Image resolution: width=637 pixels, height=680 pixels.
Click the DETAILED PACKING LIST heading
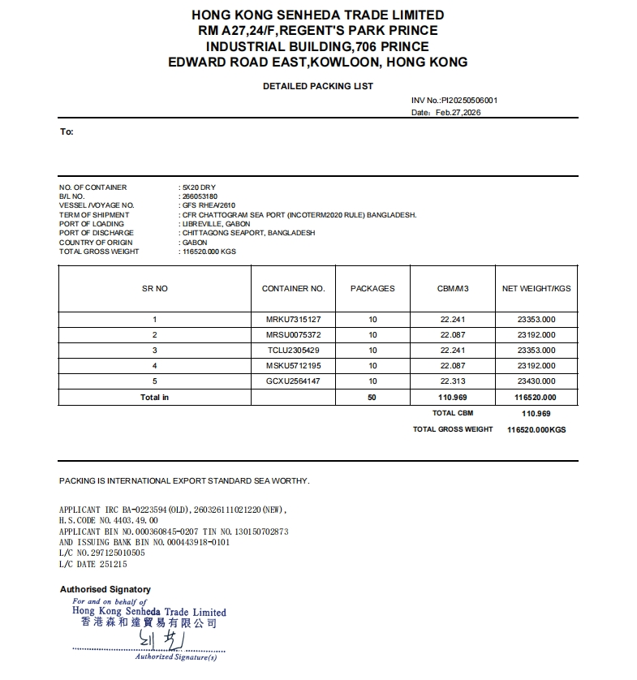(x=318, y=86)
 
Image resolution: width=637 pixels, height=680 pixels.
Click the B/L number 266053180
(x=199, y=196)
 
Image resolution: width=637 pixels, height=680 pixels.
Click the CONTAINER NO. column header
(x=293, y=288)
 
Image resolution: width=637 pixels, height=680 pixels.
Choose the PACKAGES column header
(x=372, y=288)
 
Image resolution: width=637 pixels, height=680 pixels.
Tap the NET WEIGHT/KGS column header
(x=536, y=288)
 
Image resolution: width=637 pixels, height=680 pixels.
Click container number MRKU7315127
(x=293, y=320)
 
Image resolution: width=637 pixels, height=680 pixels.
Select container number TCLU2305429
(x=293, y=351)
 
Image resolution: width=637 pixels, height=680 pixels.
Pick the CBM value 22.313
(x=453, y=381)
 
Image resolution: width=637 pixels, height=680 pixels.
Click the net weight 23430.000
(x=536, y=381)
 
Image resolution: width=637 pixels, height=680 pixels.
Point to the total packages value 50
(x=372, y=398)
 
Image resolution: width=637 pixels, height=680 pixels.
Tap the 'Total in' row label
(x=154, y=398)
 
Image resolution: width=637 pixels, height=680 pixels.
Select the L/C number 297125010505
(x=118, y=553)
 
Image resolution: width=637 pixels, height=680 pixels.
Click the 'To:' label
(x=67, y=131)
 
